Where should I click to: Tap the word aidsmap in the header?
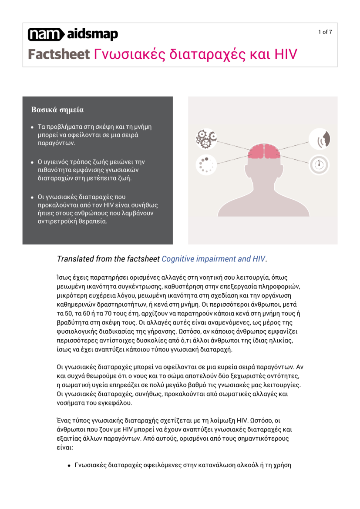tap(92, 34)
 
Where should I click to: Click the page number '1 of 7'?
tap(325, 32)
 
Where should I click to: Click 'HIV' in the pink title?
tap(286, 54)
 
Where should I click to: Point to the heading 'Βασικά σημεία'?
tap(57, 110)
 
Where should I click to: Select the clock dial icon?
tap(320, 164)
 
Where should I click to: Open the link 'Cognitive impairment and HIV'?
tap(213, 259)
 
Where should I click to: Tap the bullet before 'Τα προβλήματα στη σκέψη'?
tap(32, 127)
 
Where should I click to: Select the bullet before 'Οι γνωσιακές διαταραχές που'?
tap(32, 197)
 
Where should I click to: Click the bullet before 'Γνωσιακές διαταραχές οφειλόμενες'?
tap(69, 465)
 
